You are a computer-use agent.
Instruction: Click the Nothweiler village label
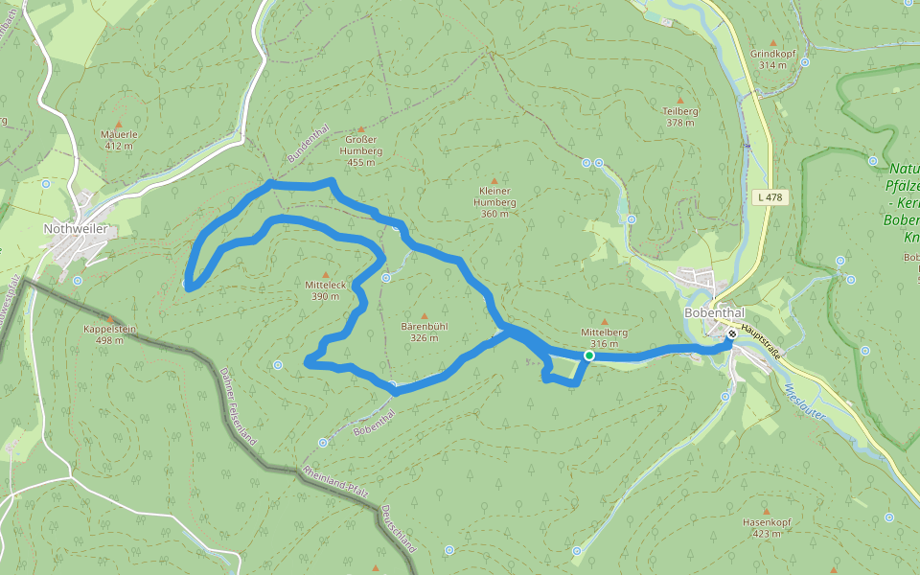75,229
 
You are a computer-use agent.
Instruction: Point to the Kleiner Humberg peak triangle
495,180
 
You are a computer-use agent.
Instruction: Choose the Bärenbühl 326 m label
425,332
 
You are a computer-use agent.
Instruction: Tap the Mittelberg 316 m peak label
604,337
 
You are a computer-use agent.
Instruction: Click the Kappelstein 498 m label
110,334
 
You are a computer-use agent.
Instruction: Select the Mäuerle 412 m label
119,140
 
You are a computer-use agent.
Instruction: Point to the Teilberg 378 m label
680,116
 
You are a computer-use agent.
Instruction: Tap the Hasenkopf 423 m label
766,527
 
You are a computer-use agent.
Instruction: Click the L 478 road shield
770,197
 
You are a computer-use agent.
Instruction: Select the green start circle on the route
588,356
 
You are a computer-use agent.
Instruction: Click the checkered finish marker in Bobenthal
731,334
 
